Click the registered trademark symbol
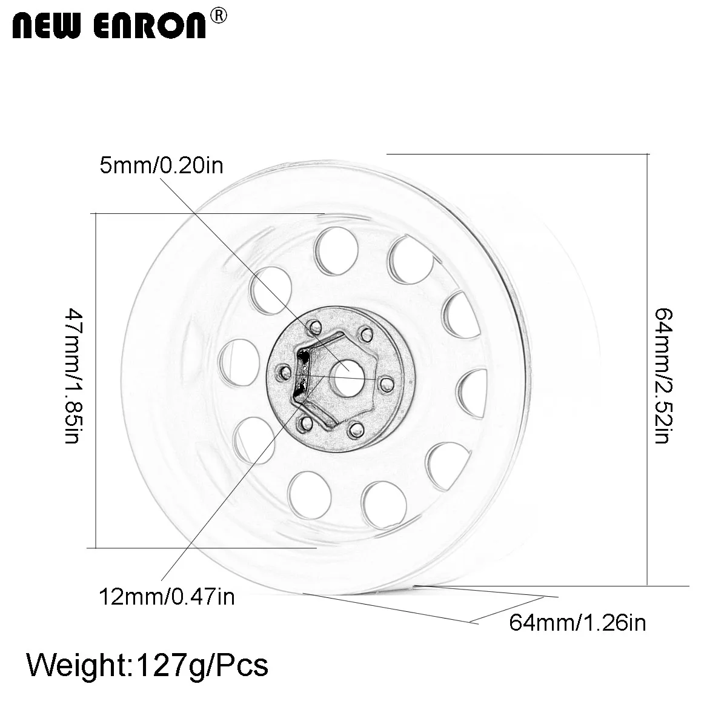click(218, 16)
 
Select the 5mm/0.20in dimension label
click(162, 165)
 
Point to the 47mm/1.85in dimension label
click(72, 376)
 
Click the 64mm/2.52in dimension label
click(661, 375)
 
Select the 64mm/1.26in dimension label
click(577, 622)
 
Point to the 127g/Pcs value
click(203, 665)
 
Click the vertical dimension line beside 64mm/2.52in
click(649, 370)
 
